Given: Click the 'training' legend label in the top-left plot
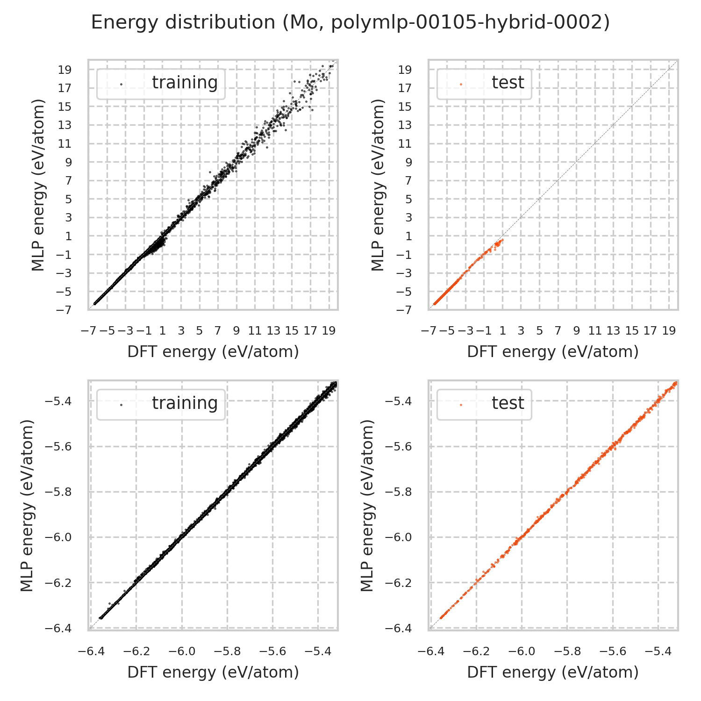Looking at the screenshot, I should tap(185, 82).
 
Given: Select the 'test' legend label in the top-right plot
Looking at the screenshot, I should tap(508, 82).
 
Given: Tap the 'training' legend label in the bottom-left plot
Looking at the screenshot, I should tap(185, 403).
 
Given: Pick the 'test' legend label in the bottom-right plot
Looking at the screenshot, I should tap(508, 403).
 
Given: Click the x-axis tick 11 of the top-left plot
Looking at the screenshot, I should tap(255, 331).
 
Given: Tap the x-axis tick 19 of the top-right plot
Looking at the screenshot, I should tap(669, 331).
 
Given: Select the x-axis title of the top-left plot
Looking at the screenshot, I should tap(213, 352).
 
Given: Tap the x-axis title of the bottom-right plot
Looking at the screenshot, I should tap(553, 672).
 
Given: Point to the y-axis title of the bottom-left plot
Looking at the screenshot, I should tap(28, 505).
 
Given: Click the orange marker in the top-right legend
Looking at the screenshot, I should tap(461, 84).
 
